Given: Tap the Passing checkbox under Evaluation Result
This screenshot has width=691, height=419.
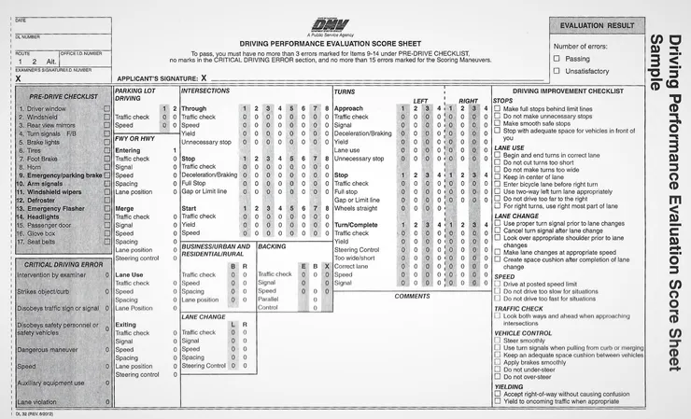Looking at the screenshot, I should (x=557, y=58).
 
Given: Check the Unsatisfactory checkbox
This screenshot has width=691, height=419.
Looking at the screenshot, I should (x=557, y=70).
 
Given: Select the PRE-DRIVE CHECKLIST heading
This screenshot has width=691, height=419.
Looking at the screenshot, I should (x=63, y=96).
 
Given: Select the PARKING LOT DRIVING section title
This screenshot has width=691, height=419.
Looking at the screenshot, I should (x=134, y=94).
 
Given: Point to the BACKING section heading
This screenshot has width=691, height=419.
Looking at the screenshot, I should (x=272, y=246).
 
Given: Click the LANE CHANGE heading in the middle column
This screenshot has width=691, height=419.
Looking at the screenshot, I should (x=204, y=316).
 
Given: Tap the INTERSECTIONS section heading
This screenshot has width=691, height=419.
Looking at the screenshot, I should (x=205, y=91).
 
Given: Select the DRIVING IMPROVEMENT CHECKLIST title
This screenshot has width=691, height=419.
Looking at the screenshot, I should (x=568, y=91).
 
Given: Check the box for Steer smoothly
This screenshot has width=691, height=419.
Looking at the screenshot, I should (x=497, y=341).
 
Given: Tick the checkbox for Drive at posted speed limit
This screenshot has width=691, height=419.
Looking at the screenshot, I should (x=497, y=284).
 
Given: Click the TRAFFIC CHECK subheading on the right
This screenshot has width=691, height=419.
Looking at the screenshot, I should (x=518, y=308).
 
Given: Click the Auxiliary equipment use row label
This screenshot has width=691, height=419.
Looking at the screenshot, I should (x=50, y=383).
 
